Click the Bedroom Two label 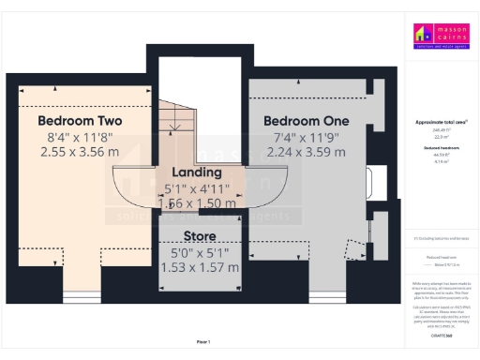(80, 121)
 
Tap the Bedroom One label (306, 121)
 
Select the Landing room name (197, 172)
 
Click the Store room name (199, 236)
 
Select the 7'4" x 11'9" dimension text (306, 137)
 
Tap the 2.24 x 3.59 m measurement (306, 151)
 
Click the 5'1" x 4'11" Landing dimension (197, 187)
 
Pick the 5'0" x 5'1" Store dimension (199, 252)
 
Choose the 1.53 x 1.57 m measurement (199, 267)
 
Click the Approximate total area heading (441, 123)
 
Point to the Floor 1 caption (203, 341)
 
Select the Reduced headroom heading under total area (441, 149)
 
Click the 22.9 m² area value (441, 136)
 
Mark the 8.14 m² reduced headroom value (441, 162)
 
